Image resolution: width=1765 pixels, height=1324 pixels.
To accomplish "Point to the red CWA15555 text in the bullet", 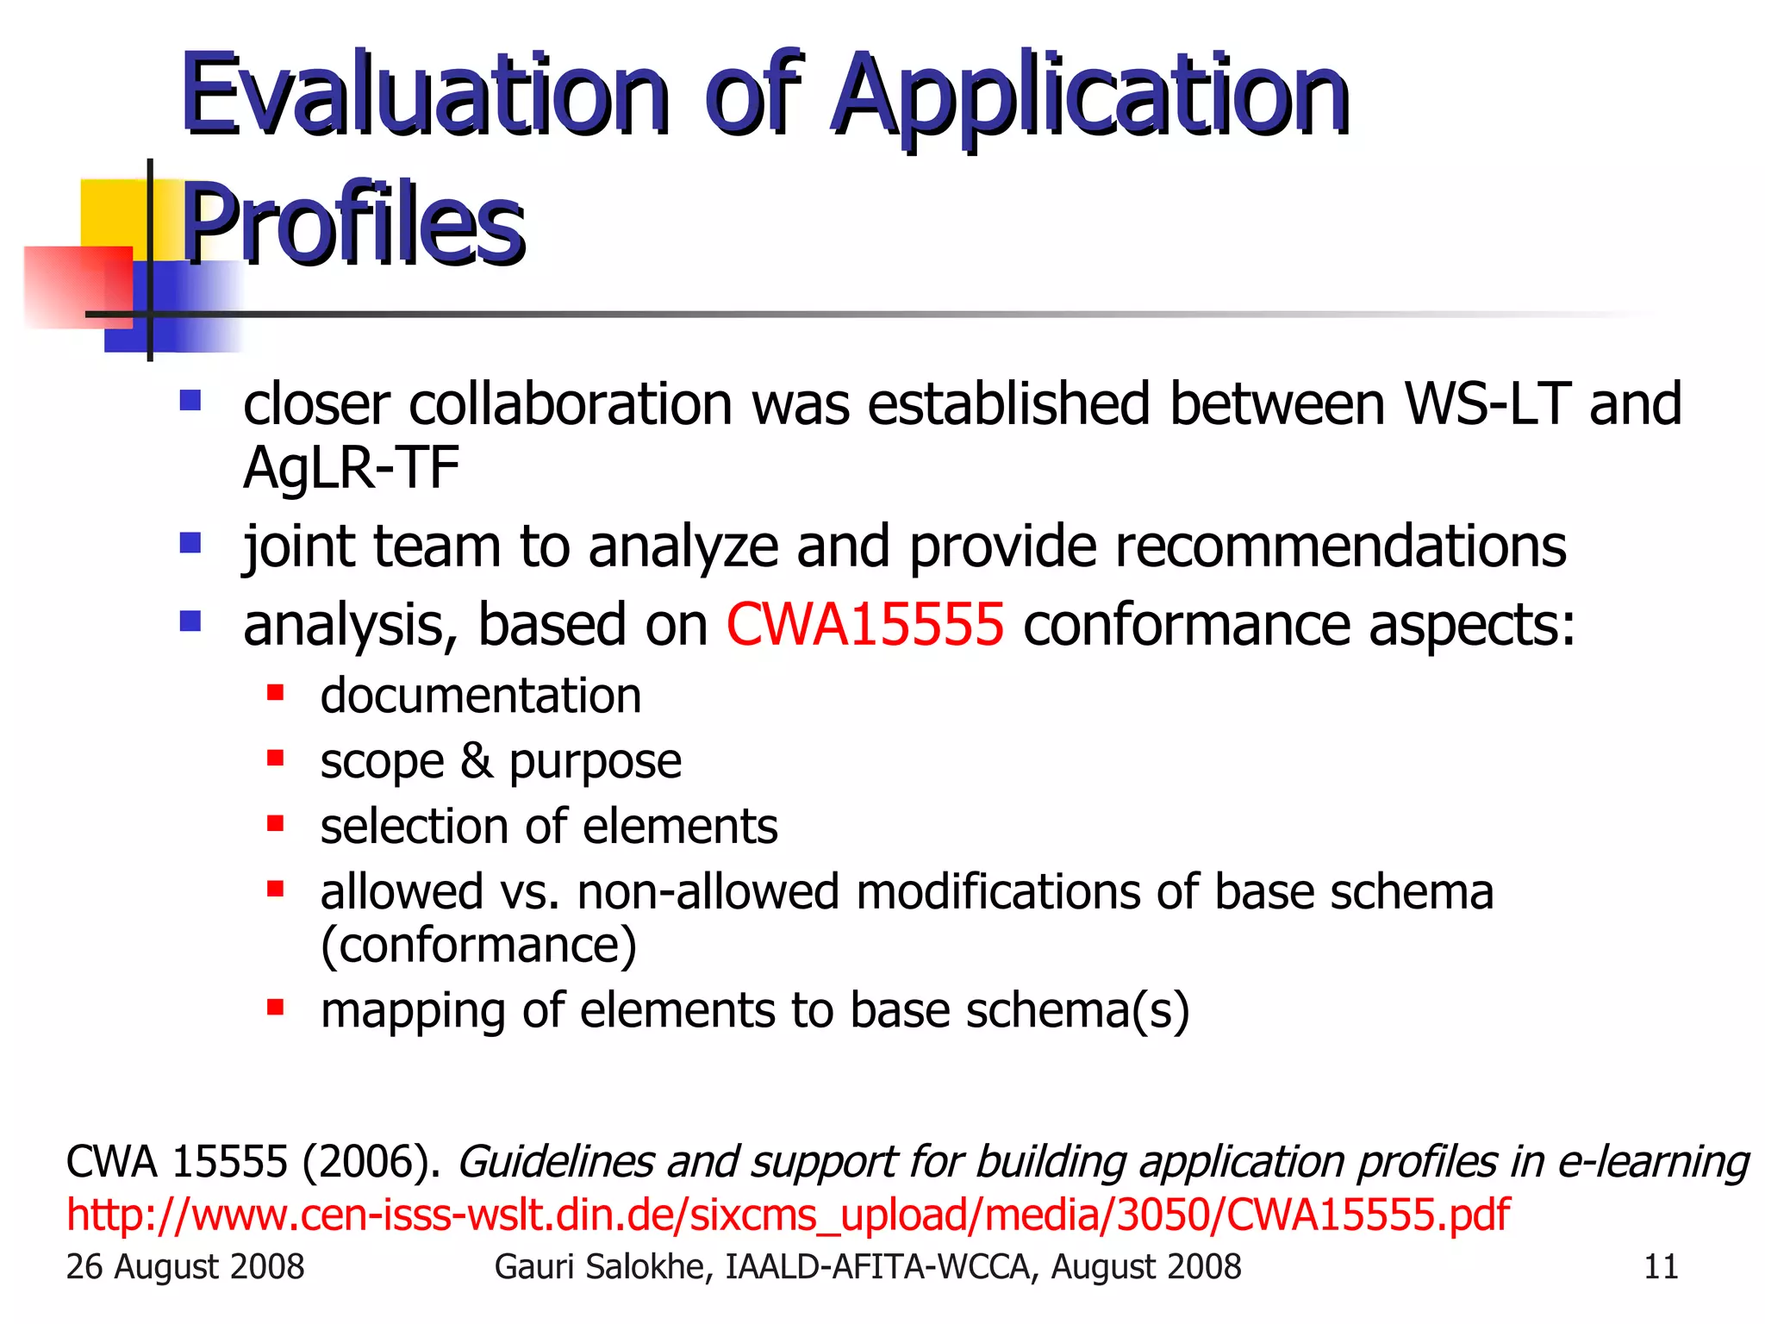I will [864, 624].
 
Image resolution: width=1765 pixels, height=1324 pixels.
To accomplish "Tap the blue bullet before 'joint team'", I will [190, 543].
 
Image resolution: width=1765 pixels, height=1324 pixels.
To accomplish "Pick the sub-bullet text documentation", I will [480, 696].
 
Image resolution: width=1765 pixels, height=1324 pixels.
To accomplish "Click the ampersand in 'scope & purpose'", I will [476, 760].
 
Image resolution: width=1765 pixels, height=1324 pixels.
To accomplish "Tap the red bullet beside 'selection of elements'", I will [275, 824].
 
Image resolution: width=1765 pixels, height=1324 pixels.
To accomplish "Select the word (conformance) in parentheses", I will [478, 945].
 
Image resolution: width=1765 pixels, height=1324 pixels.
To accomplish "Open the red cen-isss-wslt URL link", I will [787, 1215].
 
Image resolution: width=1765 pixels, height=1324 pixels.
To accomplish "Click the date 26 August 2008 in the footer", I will [184, 1267].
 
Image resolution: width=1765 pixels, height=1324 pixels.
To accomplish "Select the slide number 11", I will [1660, 1267].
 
